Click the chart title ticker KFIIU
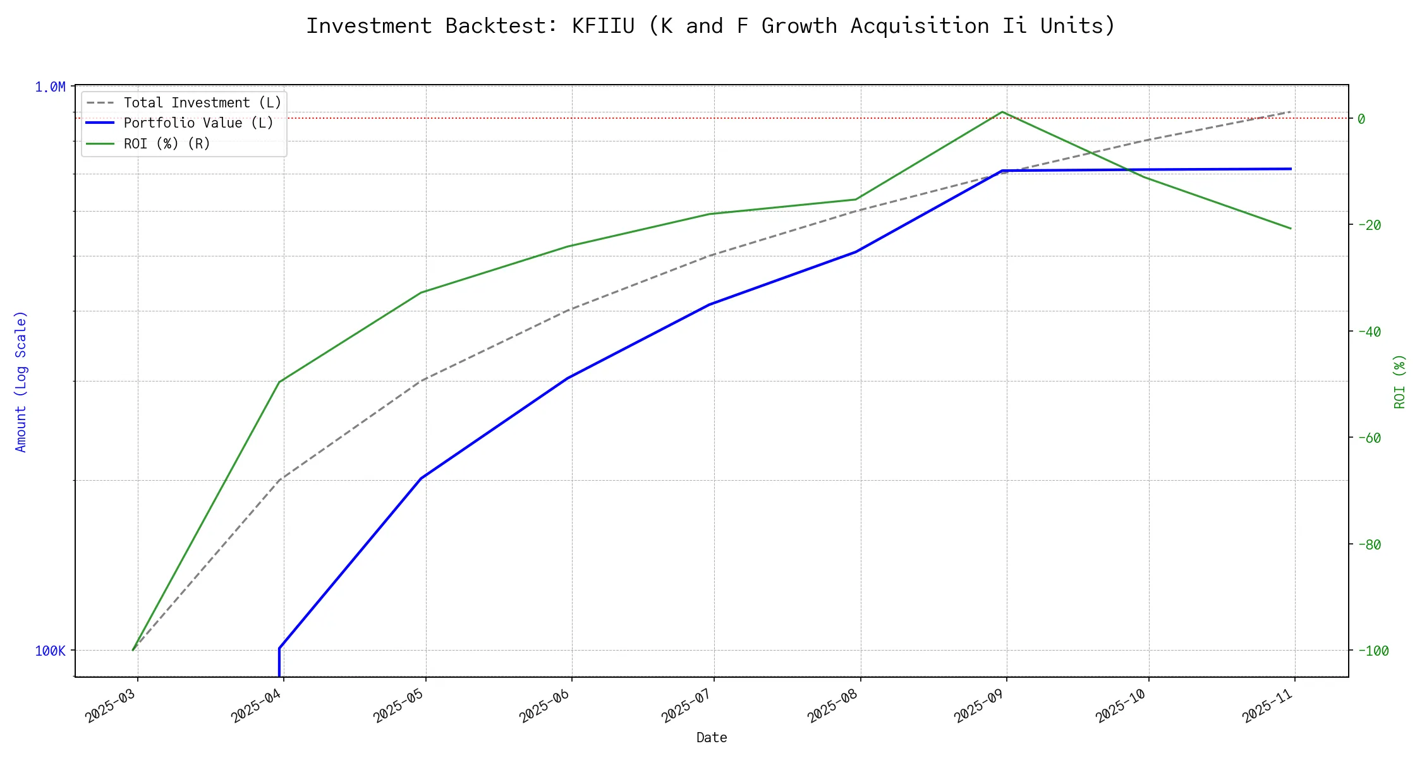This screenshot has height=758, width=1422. [x=603, y=26]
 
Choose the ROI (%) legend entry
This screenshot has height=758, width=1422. [x=167, y=144]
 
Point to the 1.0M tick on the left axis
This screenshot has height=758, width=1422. [x=50, y=87]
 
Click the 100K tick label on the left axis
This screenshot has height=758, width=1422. [x=50, y=651]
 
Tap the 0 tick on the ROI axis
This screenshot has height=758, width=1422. [x=1361, y=119]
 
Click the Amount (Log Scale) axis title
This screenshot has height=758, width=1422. [x=21, y=382]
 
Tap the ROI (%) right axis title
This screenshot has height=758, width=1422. [x=1400, y=382]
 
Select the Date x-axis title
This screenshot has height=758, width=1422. [x=712, y=738]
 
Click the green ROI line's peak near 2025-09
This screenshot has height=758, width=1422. [x=1002, y=112]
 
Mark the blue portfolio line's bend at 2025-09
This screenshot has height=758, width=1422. [x=1002, y=171]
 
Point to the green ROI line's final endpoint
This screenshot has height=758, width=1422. [x=1291, y=229]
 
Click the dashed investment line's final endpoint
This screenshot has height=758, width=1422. [x=1291, y=112]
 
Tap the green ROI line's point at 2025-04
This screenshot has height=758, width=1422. [x=279, y=382]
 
